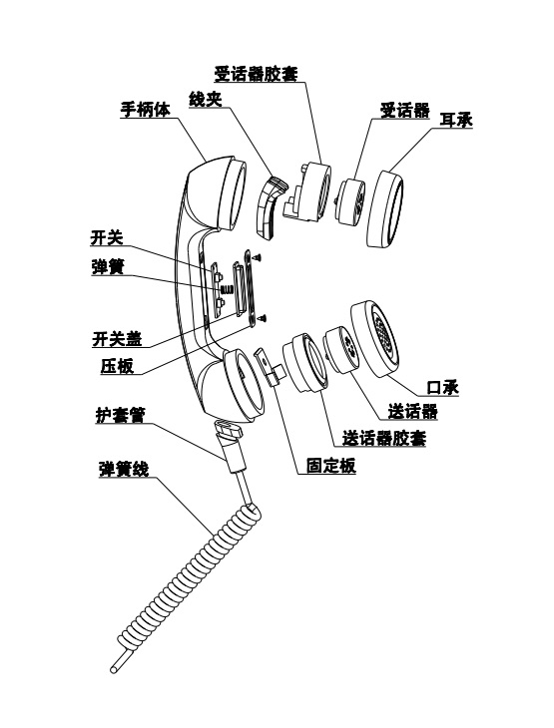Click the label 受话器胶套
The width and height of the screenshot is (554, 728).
pos(256,74)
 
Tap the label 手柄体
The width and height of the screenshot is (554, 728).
pos(145,109)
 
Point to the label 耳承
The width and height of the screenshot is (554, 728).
pos(456,120)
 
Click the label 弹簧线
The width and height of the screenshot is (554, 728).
pos(124,469)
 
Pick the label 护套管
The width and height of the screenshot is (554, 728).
pos(120,415)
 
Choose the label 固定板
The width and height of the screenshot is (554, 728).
pos(331,465)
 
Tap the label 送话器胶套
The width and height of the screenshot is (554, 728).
pos(384,438)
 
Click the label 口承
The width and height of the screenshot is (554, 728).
pos(443,387)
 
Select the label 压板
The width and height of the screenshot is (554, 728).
pos(117,366)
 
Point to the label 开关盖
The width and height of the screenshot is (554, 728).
pos(117,338)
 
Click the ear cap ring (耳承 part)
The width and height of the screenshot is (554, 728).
pos(385,208)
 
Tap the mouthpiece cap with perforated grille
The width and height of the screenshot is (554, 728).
pos(374,338)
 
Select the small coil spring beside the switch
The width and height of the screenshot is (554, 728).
pos(227,290)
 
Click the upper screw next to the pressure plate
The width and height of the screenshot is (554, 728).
pos(257,256)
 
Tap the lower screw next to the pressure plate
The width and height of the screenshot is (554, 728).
pos(264,318)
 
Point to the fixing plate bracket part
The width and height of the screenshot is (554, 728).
pos(270,367)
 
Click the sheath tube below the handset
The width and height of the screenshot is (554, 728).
pos(231,445)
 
